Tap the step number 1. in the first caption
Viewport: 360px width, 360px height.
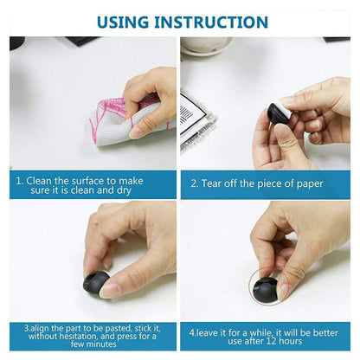pyautogui.click(x=21, y=182)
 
